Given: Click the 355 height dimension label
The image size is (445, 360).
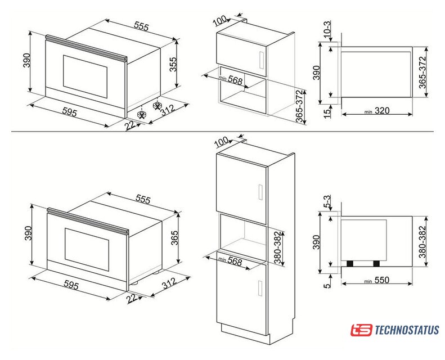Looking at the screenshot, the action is [x=173, y=64].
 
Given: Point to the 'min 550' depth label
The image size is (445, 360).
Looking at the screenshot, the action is [x=377, y=280].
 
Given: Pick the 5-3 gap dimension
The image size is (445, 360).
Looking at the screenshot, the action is [x=327, y=202].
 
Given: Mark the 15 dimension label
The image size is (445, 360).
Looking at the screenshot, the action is [x=327, y=112].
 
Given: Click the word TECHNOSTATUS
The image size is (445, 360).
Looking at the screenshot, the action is [x=407, y=330].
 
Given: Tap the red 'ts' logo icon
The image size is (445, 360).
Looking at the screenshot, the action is [x=361, y=330].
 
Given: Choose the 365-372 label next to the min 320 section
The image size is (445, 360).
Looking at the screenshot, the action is [x=422, y=73].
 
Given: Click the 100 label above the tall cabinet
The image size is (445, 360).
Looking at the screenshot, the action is [x=221, y=142].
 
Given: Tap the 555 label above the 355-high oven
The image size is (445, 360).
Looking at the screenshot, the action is [x=141, y=26].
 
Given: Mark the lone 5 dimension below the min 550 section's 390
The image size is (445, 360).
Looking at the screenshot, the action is [x=327, y=285].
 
